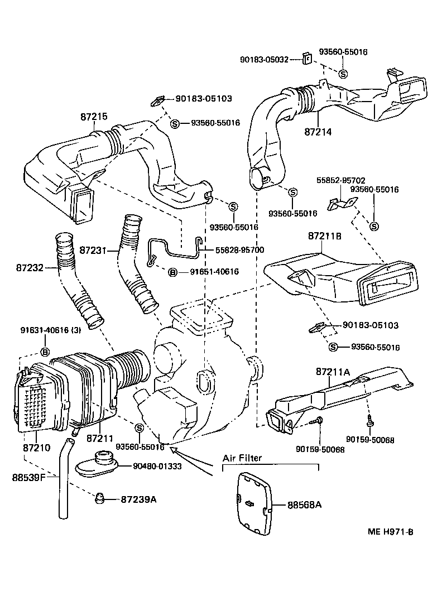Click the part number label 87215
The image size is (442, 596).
point(93,117)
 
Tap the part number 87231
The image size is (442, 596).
point(92,250)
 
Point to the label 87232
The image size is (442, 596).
point(30,268)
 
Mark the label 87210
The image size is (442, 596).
point(36,447)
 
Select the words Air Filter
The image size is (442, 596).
point(242,458)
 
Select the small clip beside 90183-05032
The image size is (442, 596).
point(306,58)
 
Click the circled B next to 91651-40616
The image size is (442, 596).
point(173,272)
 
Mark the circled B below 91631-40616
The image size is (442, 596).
point(45,352)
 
